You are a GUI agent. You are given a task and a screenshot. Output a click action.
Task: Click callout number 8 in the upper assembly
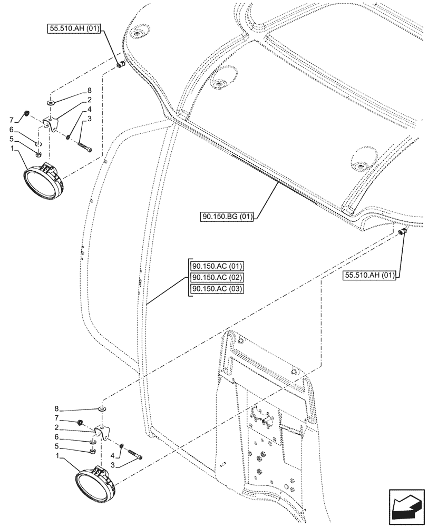90,91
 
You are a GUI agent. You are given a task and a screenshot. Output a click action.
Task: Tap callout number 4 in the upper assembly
90,109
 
